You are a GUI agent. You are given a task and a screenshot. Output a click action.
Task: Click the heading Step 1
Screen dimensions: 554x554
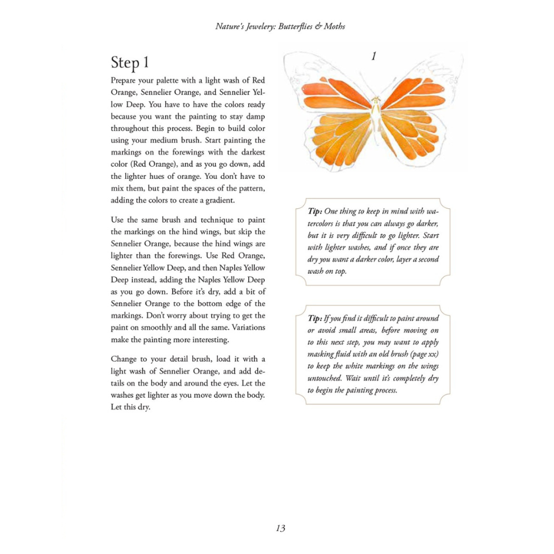click(x=130, y=62)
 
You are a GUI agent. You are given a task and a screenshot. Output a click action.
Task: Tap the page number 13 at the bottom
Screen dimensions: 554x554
click(x=280, y=528)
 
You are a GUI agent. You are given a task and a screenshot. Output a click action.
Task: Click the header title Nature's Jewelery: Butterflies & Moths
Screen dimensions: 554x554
click(x=280, y=26)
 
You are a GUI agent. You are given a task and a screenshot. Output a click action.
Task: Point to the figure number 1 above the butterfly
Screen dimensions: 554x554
click(x=374, y=56)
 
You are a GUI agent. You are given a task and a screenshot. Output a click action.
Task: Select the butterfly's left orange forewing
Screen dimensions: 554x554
click(x=335, y=94)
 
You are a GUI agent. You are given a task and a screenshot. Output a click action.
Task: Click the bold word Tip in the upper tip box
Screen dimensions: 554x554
click(x=315, y=212)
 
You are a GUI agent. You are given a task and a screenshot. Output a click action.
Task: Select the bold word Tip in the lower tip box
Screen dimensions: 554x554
click(x=315, y=318)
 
